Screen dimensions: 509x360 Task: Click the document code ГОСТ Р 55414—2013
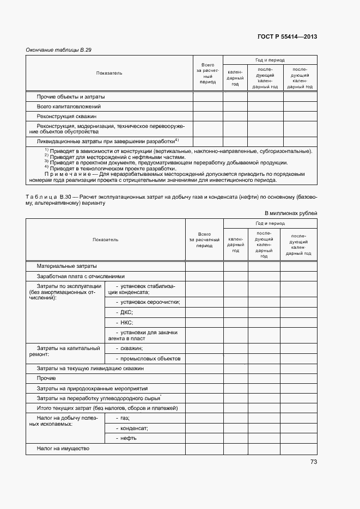tap(287, 37)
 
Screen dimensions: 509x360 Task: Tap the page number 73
tap(313, 462)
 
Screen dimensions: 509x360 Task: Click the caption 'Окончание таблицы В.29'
tap(59, 50)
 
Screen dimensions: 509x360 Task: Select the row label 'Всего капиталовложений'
tap(69, 107)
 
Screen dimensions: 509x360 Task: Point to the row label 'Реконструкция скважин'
tap(66, 116)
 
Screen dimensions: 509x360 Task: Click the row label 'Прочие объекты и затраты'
tap(71, 97)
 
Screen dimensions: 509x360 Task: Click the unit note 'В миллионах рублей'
tap(291, 213)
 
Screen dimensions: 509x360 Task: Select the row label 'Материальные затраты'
tap(66, 266)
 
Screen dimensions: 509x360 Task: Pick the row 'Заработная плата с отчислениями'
tap(81, 276)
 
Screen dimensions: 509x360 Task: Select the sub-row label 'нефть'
tap(129, 438)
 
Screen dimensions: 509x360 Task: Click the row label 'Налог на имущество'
tap(63, 449)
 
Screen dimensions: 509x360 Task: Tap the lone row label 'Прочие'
tap(46, 378)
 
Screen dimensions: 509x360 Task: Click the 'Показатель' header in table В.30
tap(105, 240)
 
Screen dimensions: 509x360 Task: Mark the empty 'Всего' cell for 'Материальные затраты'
tap(204, 266)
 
